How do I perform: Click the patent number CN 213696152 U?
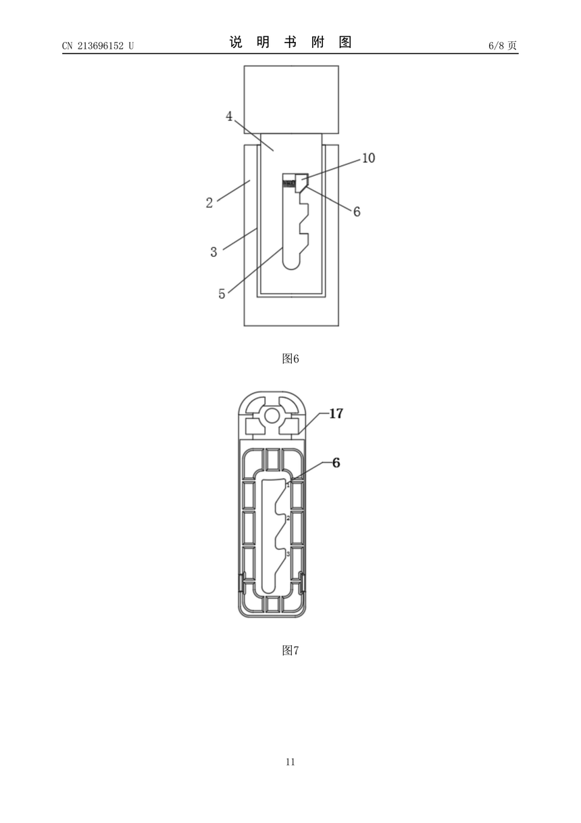(98, 45)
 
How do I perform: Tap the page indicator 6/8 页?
(503, 45)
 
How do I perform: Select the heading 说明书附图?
(290, 42)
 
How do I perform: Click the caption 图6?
(290, 358)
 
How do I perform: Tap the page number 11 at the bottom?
(290, 762)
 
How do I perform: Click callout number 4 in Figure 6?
(229, 116)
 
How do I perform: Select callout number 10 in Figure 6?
(368, 158)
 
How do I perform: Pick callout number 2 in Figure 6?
(209, 202)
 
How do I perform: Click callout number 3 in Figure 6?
(213, 252)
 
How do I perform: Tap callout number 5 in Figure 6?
(222, 294)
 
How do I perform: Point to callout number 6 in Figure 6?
(357, 212)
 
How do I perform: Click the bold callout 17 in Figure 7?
(336, 414)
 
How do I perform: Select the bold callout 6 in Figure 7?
(336, 463)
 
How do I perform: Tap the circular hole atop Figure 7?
(271, 416)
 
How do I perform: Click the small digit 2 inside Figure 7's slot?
(288, 518)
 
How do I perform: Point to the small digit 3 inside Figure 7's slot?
(288, 554)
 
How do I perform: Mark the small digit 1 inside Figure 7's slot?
(288, 486)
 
